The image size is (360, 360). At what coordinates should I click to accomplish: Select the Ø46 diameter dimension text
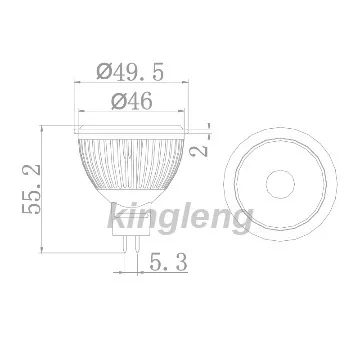[x=130, y=102]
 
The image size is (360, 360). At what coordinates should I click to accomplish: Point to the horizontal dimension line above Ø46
[x=130, y=113]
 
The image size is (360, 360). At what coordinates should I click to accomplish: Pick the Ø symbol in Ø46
[x=112, y=102]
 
